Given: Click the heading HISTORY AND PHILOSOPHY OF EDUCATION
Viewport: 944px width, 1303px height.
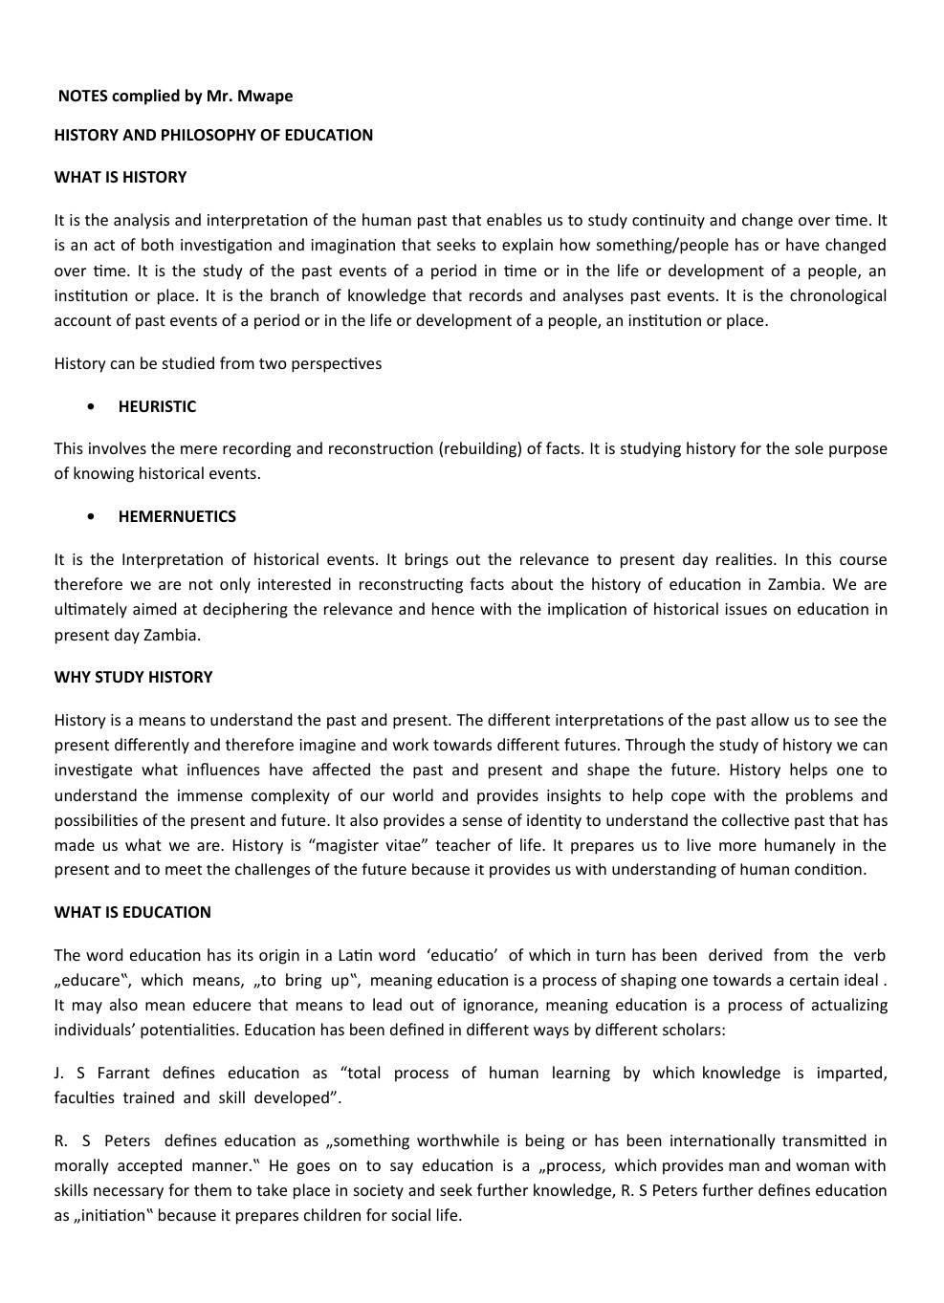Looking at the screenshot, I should pos(213,135).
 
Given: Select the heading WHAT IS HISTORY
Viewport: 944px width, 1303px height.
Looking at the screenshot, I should pos(121,177).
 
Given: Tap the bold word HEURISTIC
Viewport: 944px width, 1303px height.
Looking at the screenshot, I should pos(157,406).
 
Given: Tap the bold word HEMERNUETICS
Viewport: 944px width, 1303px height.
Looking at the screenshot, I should pos(177,516).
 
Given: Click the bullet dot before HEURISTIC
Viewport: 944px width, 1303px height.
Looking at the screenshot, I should pos(91,406).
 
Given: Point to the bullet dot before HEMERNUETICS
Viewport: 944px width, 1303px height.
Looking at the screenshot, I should pos(91,516).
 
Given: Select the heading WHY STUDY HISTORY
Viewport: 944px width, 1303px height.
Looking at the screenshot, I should pos(133,677).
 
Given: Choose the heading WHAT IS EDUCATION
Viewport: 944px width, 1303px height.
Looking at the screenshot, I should pos(132,912).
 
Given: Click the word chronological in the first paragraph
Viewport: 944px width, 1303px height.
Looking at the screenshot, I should pos(838,295).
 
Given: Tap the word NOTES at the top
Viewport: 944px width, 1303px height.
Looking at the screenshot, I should pos(82,96).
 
